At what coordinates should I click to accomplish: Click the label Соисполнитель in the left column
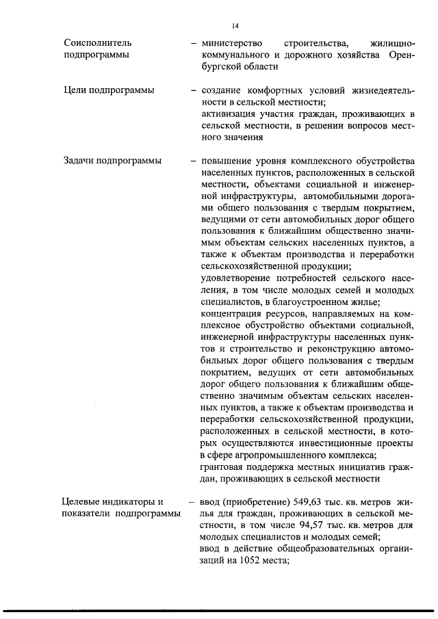(x=92, y=42)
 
